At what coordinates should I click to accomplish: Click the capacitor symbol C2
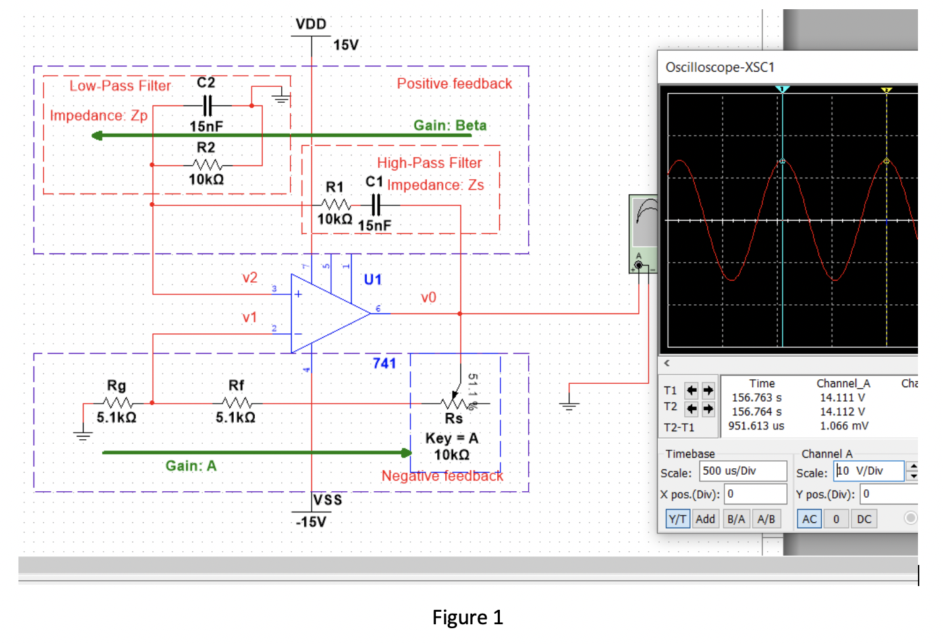(x=207, y=105)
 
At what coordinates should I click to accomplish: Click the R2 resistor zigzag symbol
(x=207, y=165)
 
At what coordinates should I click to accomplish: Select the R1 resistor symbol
(x=336, y=205)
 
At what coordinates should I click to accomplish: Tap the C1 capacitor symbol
(x=375, y=205)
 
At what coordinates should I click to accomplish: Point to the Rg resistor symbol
(x=117, y=402)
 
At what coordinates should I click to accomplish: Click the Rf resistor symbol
(x=236, y=402)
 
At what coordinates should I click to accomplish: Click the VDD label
(x=311, y=24)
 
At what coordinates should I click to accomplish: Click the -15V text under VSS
(x=311, y=522)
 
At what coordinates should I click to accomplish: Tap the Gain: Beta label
(x=450, y=125)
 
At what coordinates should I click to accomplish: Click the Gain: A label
(x=190, y=466)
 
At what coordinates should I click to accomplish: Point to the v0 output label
(x=428, y=298)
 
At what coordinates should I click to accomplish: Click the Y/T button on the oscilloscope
(x=678, y=519)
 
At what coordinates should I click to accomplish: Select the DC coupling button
(x=864, y=519)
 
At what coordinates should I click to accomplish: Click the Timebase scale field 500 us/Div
(x=743, y=471)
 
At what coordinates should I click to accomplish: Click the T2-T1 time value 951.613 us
(x=756, y=426)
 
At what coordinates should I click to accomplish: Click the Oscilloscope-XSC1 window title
(x=720, y=67)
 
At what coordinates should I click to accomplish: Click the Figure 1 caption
(x=467, y=617)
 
